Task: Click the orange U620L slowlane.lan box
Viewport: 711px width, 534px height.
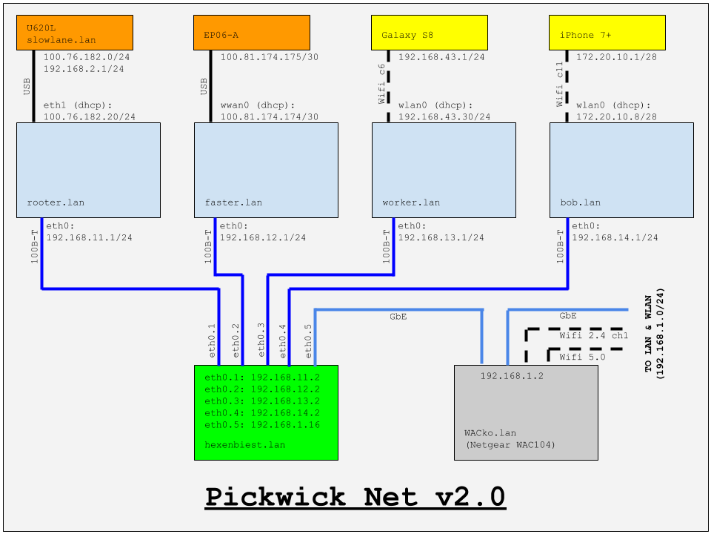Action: click(74, 33)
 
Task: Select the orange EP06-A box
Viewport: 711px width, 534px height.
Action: click(252, 33)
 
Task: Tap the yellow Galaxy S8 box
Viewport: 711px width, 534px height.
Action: click(430, 33)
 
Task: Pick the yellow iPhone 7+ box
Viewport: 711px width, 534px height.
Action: click(607, 33)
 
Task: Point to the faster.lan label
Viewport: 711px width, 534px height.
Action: click(233, 202)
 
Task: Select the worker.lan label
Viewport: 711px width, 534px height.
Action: click(411, 202)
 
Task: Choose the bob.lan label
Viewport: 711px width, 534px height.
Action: click(581, 202)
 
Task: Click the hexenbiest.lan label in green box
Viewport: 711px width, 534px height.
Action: click(244, 444)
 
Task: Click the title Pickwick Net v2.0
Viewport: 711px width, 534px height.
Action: click(355, 496)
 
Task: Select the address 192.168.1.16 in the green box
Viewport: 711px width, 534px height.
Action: click(285, 426)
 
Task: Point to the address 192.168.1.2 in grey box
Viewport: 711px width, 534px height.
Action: click(512, 376)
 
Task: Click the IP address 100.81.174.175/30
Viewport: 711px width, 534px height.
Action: click(270, 57)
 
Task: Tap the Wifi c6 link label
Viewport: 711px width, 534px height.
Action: click(383, 83)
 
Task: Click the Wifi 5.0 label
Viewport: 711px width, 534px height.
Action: click(582, 357)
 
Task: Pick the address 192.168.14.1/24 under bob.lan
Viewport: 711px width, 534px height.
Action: click(615, 238)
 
